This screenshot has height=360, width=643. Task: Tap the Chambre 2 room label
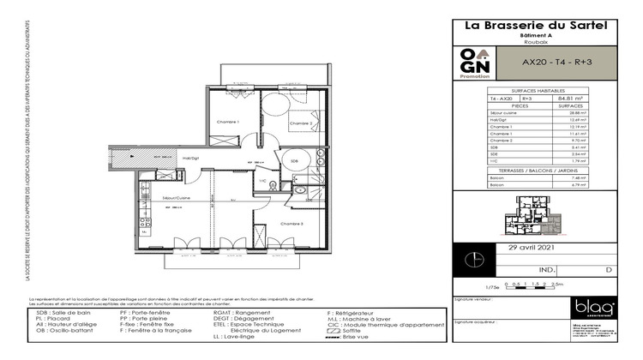click(x=300, y=123)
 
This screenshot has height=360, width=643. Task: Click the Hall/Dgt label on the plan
click(x=190, y=157)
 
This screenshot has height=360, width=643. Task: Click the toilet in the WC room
click(x=273, y=184)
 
